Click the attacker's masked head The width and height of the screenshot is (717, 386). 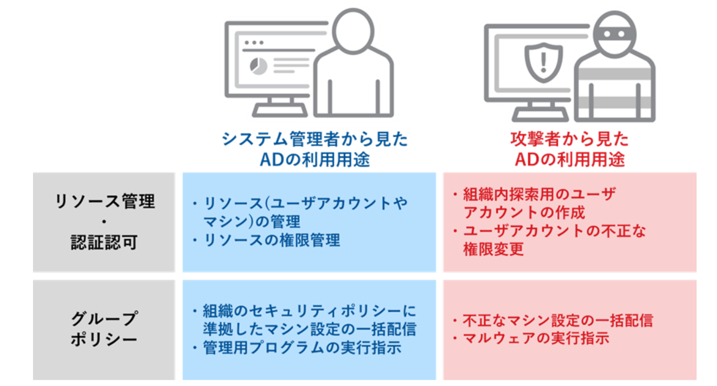point(616,34)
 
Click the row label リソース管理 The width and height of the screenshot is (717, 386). point(104,202)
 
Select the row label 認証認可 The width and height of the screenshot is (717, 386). point(104,243)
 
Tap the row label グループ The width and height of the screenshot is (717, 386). point(104,319)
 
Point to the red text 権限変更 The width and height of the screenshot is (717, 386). point(494,249)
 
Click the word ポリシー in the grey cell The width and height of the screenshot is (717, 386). point(104,339)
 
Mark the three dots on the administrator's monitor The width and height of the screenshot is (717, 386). point(254,42)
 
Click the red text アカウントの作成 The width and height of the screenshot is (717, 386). point(525,212)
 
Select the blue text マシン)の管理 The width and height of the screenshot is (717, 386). point(252,222)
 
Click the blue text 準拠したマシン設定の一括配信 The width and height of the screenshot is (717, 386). point(309,330)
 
